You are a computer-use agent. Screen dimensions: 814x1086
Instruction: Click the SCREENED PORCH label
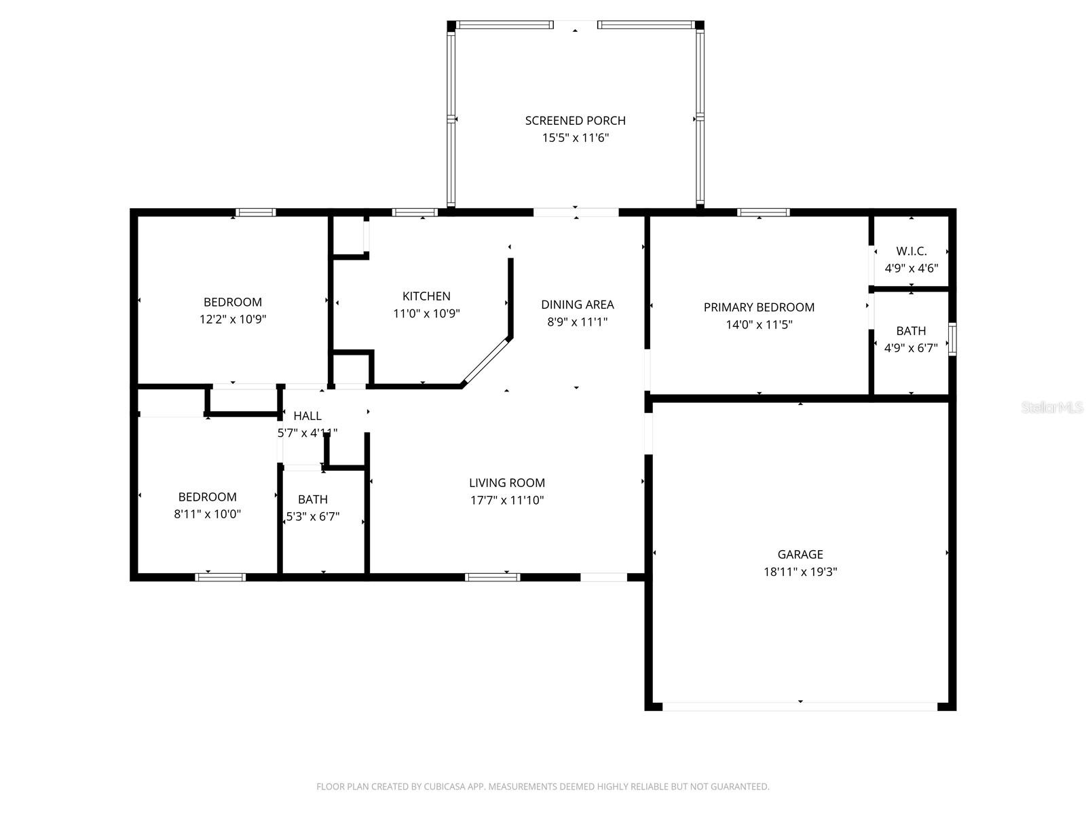(575, 121)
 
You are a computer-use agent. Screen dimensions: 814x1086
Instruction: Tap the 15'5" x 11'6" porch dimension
(575, 138)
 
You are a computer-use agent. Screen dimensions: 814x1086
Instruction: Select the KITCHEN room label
(426, 296)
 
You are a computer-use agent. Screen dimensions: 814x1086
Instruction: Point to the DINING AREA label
(577, 305)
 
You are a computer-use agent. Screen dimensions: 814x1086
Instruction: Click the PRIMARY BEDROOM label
(759, 307)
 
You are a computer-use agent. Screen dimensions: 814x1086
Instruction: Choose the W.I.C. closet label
(911, 251)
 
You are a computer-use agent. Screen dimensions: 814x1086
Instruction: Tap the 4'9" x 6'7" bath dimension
(911, 348)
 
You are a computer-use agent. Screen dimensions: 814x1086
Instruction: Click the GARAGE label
(800, 554)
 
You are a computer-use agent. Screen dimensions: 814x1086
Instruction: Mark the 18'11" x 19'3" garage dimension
(800, 572)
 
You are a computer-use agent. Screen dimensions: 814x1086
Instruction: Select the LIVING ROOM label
(507, 483)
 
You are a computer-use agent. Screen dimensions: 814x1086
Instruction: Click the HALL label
(307, 416)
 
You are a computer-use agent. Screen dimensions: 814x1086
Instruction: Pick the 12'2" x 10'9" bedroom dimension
(232, 319)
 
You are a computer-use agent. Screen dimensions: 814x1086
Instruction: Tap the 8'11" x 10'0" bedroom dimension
(207, 514)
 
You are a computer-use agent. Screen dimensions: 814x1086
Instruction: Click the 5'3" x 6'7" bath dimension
(313, 517)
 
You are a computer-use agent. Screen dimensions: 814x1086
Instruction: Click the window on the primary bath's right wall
(952, 339)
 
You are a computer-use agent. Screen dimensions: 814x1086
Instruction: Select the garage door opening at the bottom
(800, 706)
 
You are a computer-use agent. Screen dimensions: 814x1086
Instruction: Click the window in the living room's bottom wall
(493, 577)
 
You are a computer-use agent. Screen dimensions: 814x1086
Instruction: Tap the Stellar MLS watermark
(1052, 408)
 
